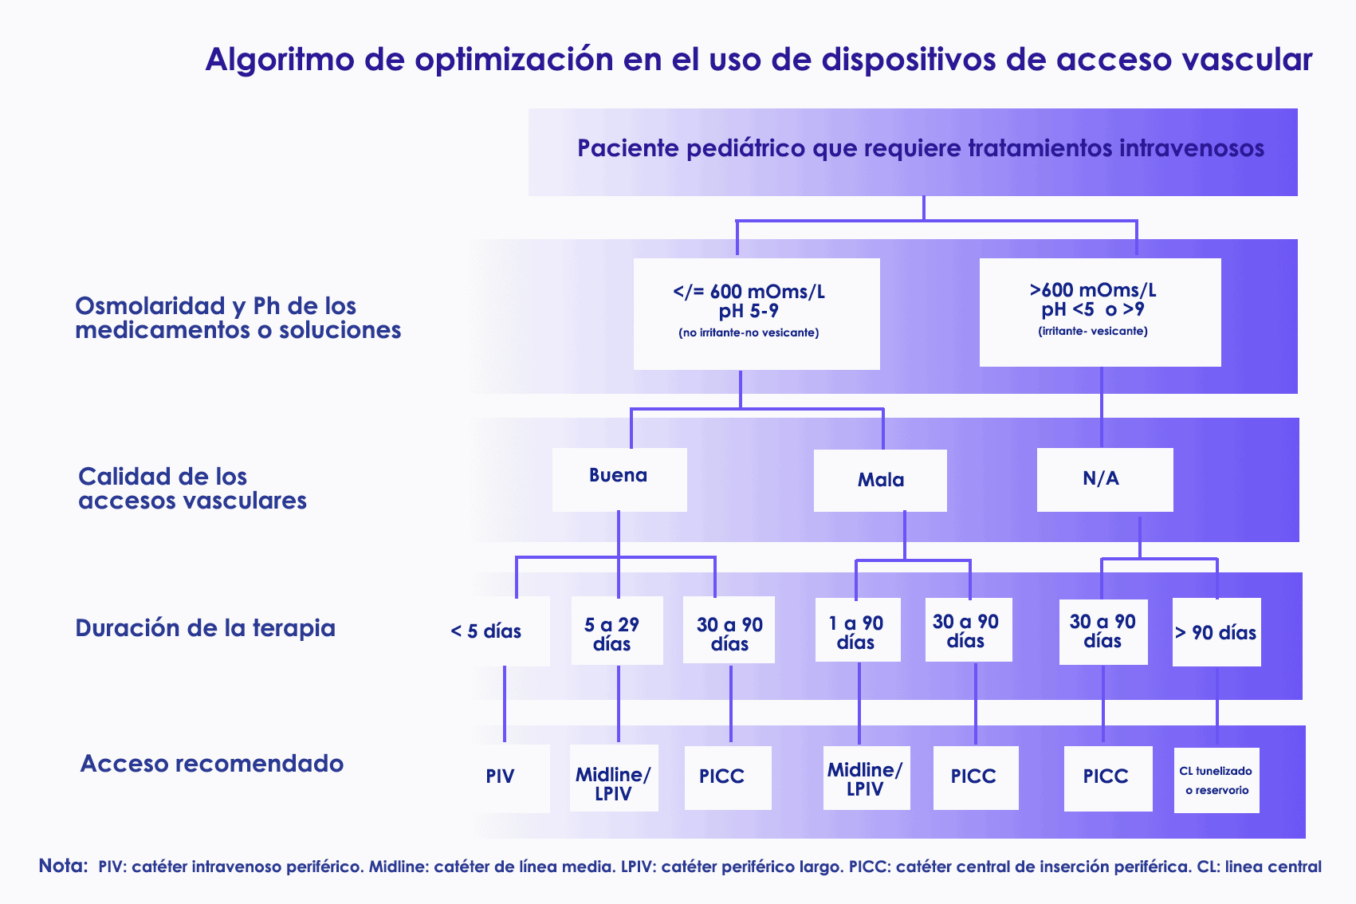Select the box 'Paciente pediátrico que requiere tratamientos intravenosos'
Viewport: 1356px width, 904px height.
pyautogui.click(x=913, y=152)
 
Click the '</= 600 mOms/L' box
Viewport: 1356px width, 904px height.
pyautogui.click(x=757, y=313)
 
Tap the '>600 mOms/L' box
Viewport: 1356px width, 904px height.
pyautogui.click(x=1100, y=312)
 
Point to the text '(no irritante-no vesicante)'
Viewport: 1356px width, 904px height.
pyautogui.click(x=749, y=332)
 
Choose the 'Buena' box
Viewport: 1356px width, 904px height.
pyautogui.click(x=619, y=480)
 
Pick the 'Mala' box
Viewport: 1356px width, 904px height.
pyautogui.click(x=880, y=480)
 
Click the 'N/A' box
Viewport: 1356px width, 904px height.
pyautogui.click(x=1105, y=480)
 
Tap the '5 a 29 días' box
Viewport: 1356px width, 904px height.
pyautogui.click(x=617, y=631)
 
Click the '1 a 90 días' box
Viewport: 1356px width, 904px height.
pyautogui.click(x=858, y=630)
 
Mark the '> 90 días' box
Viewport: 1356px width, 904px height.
pyautogui.click(x=1216, y=632)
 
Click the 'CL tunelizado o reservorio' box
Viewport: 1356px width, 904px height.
pyautogui.click(x=1216, y=780)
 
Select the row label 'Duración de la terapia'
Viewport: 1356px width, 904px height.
pyautogui.click(x=205, y=628)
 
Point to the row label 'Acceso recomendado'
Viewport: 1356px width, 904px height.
pyautogui.click(x=212, y=764)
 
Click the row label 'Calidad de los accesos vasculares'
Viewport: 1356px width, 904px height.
pyautogui.click(x=192, y=488)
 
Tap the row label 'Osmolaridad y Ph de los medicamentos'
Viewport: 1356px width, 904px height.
pyautogui.click(x=238, y=318)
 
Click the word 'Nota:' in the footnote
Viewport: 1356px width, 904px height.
pyautogui.click(x=64, y=866)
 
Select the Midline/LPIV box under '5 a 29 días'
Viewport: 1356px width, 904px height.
pyautogui.click(x=614, y=778)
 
